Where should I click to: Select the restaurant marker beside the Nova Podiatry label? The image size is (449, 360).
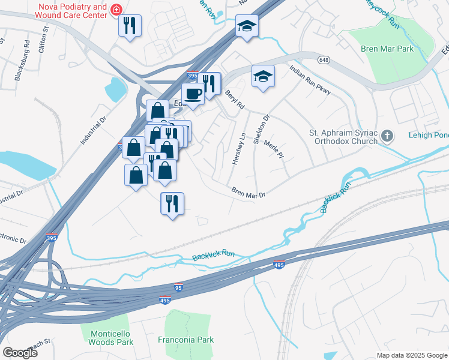tap(130, 26)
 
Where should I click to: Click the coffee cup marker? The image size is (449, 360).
tap(193, 94)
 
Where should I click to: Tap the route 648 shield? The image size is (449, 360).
tap(324, 60)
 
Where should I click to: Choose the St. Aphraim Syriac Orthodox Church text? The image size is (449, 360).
tap(343, 137)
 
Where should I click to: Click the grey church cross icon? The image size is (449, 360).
tap(388, 136)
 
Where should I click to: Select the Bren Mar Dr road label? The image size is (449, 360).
tap(249, 192)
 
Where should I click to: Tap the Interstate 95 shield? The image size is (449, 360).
tap(178, 287)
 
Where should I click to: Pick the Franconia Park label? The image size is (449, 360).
tap(185, 340)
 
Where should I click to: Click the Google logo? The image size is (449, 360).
tap(20, 353)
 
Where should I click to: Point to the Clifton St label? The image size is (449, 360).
tap(43, 40)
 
